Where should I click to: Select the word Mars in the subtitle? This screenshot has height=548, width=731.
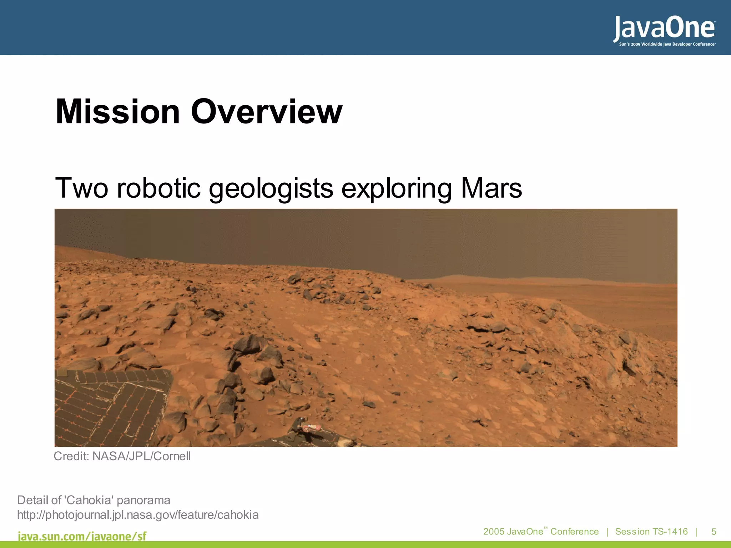[491, 188]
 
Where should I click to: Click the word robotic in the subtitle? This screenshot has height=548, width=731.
[158, 188]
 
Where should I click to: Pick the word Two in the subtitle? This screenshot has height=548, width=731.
[81, 188]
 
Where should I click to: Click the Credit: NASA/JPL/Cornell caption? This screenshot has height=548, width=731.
[122, 456]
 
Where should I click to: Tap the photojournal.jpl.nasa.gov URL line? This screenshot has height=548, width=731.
[138, 515]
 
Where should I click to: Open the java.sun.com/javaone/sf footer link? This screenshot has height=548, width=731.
[82, 536]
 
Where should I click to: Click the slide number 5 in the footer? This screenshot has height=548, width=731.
[714, 532]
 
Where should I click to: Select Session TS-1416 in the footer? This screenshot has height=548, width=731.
[651, 532]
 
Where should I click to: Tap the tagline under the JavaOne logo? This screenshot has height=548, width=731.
[667, 45]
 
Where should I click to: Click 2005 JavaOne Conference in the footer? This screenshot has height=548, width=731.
[541, 532]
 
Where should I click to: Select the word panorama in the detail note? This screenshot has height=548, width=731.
[143, 500]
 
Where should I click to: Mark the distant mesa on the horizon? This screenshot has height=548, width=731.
[460, 278]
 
